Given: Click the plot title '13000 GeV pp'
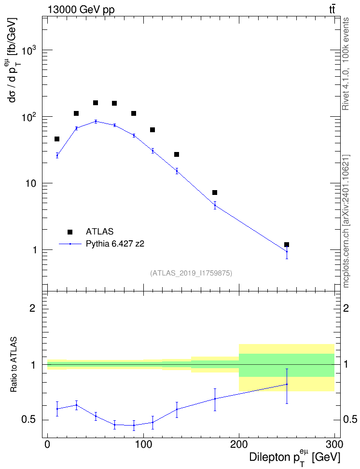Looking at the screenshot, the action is tap(81, 10).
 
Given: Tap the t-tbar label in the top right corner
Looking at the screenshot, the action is tap(332, 9).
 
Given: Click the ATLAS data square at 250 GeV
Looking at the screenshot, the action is tap(287, 245).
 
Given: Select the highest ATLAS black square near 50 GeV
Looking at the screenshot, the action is tap(96, 103).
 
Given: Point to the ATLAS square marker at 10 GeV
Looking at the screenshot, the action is tap(57, 139).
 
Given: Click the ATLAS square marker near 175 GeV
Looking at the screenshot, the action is tap(215, 193).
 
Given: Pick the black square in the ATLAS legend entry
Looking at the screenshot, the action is tap(70, 232).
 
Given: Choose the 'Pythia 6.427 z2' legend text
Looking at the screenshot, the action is tap(115, 244).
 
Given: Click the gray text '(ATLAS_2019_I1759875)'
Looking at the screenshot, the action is tap(191, 273).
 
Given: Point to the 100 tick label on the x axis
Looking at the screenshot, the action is tap(143, 444).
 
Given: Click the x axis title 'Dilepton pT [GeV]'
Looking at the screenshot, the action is tap(294, 457).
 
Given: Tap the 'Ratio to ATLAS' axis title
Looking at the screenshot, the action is tap(14, 365).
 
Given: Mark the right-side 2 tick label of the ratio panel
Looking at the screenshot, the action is tap(346, 308).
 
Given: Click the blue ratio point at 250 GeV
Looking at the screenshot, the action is tap(287, 385).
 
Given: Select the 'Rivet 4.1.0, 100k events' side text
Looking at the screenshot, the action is tap(346, 64).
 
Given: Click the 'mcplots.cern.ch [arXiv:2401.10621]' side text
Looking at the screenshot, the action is tap(346, 221).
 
